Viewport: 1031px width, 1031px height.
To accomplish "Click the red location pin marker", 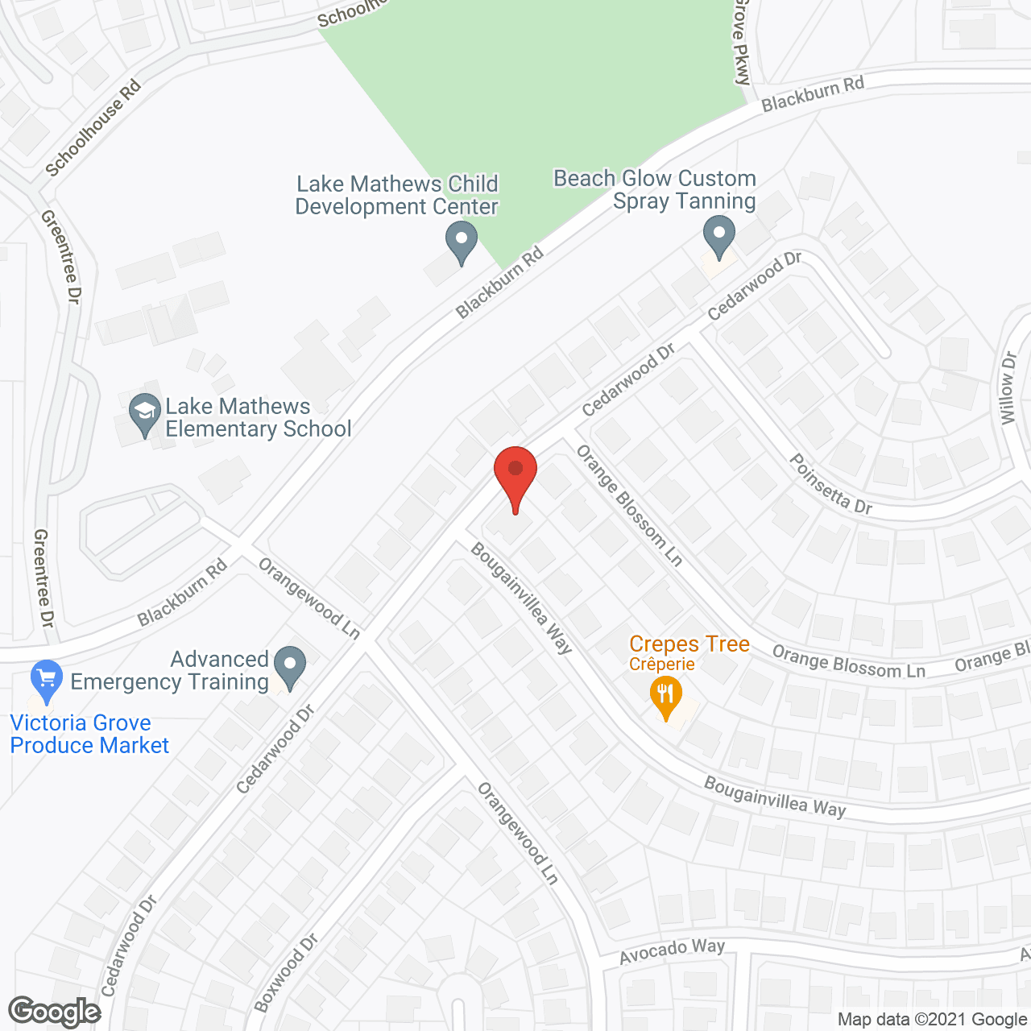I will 515,474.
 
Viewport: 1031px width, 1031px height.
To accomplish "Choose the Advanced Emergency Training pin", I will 290,666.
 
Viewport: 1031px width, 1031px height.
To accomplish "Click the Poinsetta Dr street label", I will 830,484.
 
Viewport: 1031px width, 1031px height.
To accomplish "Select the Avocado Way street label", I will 672,951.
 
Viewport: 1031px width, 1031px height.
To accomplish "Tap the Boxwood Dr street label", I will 287,972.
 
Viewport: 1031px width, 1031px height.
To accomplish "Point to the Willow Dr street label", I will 1008,387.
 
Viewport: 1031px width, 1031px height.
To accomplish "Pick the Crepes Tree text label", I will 689,644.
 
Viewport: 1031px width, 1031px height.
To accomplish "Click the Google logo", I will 55,1012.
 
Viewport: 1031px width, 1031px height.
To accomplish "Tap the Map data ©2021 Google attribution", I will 933,1020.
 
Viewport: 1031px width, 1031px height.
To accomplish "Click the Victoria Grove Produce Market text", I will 89,734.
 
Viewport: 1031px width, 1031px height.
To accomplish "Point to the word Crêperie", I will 662,665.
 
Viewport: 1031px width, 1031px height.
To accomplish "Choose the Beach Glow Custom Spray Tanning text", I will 655,189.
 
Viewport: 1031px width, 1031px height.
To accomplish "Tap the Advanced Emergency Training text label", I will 171,670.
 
